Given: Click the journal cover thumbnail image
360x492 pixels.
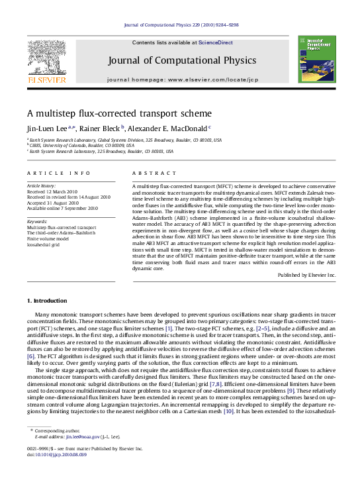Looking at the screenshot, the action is tap(316, 60).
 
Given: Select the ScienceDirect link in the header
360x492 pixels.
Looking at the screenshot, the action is tap(216, 42).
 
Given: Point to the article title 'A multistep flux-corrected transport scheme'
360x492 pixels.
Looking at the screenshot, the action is tap(119, 113).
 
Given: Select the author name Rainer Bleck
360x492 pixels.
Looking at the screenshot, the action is tap(100, 128).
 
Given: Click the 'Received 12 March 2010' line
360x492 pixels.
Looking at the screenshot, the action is tap(56, 191).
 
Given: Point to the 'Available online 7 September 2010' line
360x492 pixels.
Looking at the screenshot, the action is tap(62, 207).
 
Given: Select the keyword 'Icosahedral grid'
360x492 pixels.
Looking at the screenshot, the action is tap(45, 244).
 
